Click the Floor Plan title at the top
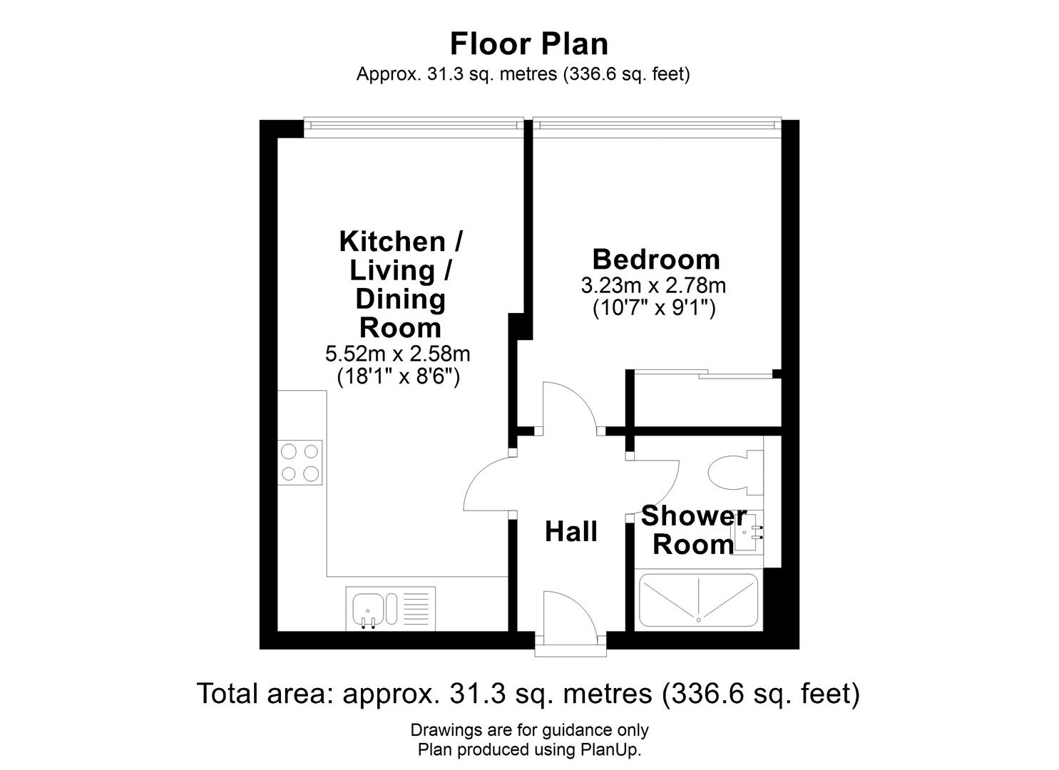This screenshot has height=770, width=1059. pos(528,43)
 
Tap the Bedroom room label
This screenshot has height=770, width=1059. pos(655,259)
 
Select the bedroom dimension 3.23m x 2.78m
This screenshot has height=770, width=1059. pos(653,286)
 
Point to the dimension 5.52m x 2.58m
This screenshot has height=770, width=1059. pos(397,353)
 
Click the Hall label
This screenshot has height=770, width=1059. pos(571,532)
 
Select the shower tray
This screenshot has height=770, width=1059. pos(698,600)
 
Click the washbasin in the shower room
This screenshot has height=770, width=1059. pos(750,530)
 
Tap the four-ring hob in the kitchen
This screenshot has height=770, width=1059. pos(300,463)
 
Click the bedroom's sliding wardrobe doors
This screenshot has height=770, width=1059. pos(702,373)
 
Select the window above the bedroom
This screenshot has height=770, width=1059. pos(656,123)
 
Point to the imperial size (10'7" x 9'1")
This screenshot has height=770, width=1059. pos(654,309)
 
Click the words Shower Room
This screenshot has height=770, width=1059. pos(693,530)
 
